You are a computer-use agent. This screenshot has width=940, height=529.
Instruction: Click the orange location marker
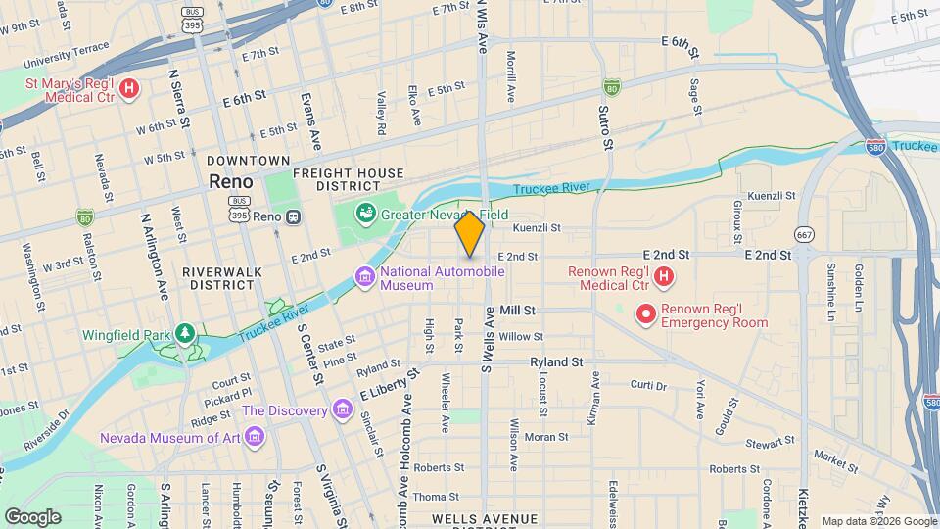pos(470,233)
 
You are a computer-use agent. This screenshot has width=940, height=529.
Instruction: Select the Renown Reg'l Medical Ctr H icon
pos(664,277)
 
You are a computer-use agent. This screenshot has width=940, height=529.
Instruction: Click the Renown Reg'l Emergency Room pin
pos(645,314)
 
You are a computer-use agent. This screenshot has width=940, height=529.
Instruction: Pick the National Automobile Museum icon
pos(365,278)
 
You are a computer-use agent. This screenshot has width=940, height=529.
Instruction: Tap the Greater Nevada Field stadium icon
pos(365,212)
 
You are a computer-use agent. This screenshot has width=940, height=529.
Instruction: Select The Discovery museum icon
pos(341,408)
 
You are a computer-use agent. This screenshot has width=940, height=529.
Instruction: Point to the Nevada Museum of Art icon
pos(255,434)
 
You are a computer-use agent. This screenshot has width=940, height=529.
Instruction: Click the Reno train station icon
pos(294,216)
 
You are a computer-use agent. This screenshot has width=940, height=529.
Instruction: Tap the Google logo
pos(32,516)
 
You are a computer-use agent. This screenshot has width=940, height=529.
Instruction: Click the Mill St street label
pos(517,310)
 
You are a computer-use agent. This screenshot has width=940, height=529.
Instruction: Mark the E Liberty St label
pos(389,383)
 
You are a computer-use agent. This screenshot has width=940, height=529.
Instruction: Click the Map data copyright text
pos(877,520)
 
